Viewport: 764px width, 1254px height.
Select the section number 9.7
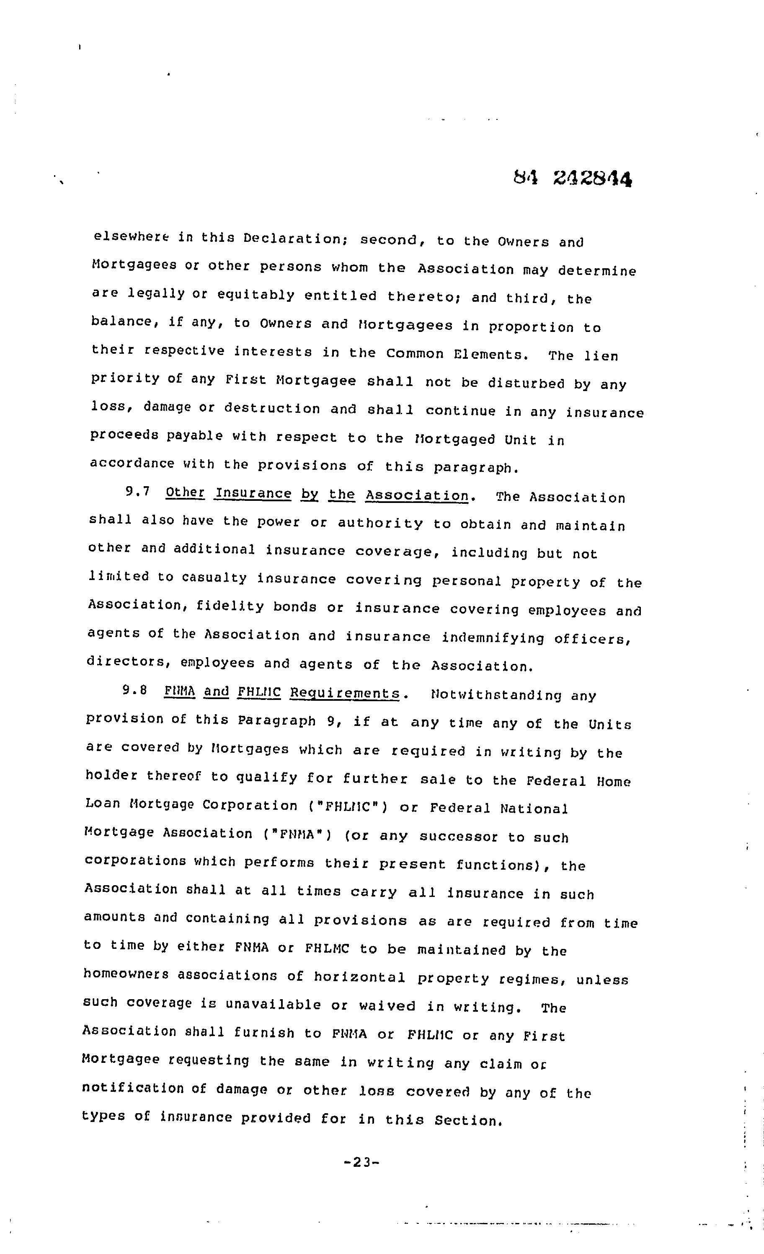[137, 492]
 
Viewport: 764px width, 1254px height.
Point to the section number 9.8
[135, 690]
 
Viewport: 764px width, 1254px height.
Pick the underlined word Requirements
[345, 693]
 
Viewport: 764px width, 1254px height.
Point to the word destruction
[272, 409]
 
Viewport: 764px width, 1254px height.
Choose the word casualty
[214, 578]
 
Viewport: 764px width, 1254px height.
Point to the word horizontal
[359, 977]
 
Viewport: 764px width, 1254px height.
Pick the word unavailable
[273, 1004]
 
